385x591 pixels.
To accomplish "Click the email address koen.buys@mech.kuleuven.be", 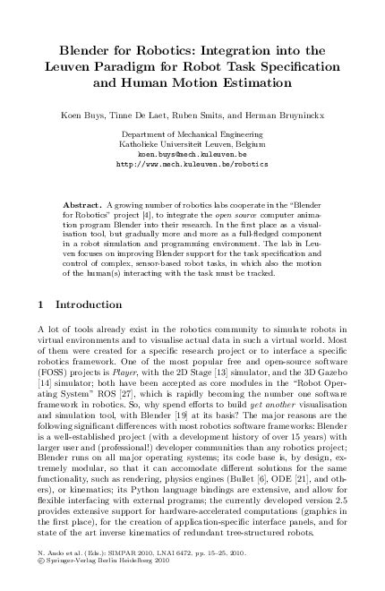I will (x=192, y=155).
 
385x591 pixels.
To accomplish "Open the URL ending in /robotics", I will (x=192, y=165).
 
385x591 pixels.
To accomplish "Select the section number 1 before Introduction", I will (x=46, y=304).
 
